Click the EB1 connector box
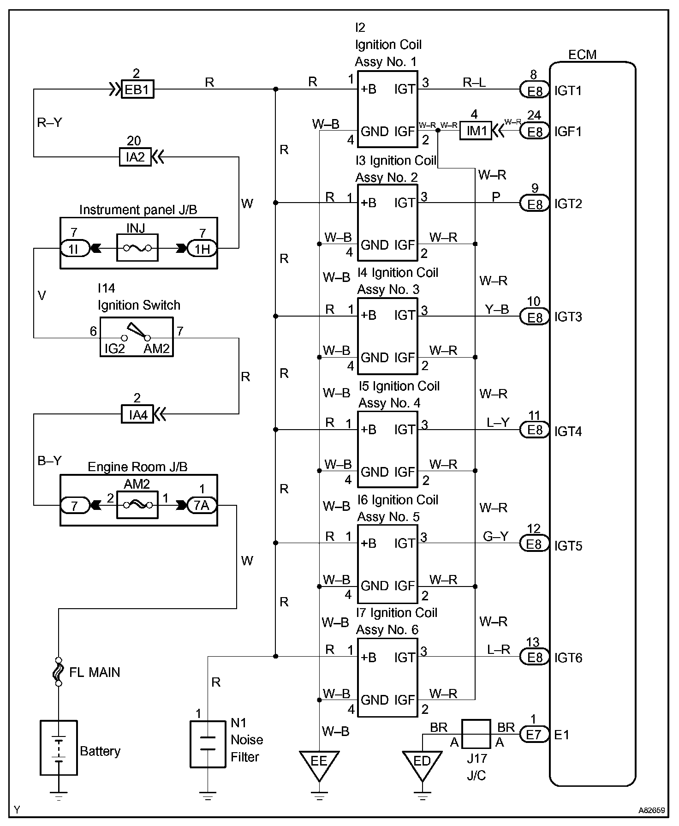(137, 89)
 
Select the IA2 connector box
(136, 157)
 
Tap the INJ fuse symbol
(137, 248)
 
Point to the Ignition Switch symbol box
(137, 337)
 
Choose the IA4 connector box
(137, 414)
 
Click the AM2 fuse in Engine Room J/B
(137, 505)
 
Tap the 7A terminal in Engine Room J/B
(202, 505)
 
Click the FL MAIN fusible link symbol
(59, 672)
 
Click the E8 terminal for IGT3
(535, 317)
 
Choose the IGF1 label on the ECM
(568, 132)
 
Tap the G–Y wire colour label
(496, 536)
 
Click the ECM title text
(582, 54)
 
